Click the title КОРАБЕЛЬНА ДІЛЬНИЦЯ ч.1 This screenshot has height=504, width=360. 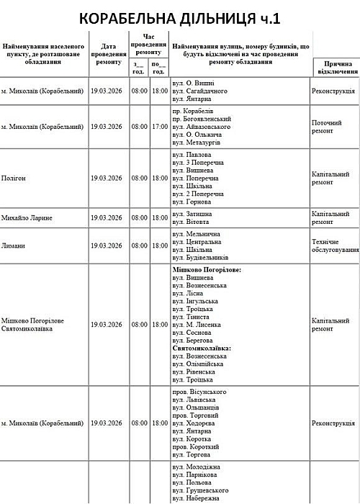pos(180,18)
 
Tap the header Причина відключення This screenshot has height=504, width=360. pos(335,68)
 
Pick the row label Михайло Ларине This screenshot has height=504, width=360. pos(27,217)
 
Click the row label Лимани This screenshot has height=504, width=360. pos(14,246)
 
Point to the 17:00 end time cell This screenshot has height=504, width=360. pos(160,127)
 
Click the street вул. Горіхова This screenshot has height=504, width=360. pos(192,203)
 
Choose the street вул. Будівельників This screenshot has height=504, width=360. pos(201,257)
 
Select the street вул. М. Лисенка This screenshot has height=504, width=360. pos(198,325)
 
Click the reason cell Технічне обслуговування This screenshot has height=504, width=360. pos(335,246)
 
